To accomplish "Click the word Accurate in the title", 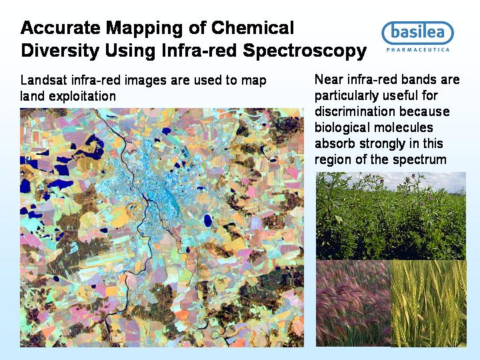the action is click(60, 27).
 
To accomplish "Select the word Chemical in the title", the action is click(253, 27).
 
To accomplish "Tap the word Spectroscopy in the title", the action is click(305, 51).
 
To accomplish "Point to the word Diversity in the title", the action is click(60, 51).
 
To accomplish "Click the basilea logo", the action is click(417, 33).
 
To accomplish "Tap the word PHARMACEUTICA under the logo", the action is click(418, 49).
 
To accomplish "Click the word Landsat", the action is click(44, 80).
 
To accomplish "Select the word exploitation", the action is click(82, 97).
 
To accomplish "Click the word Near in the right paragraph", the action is click(328, 79).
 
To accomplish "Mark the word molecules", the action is click(404, 127).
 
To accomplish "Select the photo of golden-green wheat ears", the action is click(429, 303).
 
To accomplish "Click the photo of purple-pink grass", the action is click(353, 303).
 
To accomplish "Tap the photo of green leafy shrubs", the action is click(391, 216).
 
